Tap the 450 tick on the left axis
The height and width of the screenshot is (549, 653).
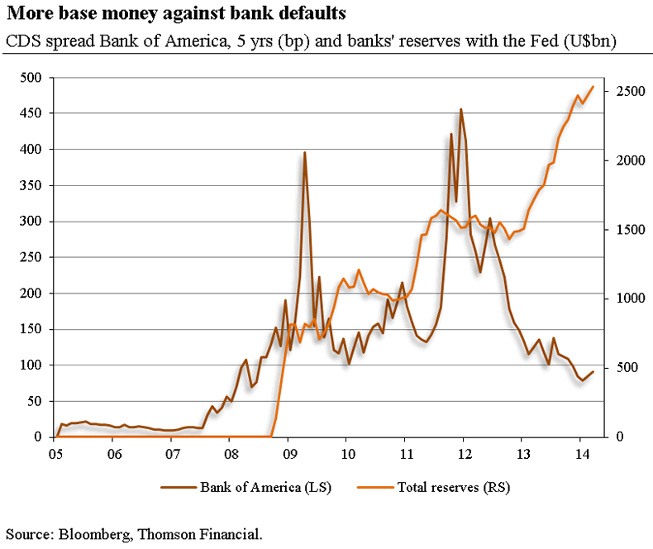coord(31,113)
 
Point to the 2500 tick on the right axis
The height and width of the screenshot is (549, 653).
coord(625,91)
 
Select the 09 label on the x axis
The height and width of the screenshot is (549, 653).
coord(288,454)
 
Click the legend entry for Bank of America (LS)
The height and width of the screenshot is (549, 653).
coord(265,487)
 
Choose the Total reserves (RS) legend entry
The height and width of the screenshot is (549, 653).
coord(451,487)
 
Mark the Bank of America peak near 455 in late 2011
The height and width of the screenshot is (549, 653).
coord(460,109)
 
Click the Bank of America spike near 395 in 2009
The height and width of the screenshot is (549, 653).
coord(305,153)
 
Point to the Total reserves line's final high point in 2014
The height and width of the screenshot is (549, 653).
coord(593,87)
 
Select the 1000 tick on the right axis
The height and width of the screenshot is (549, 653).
coord(625,298)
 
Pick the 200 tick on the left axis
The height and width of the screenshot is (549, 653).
coord(31,294)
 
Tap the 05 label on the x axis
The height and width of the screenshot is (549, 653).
coord(55,454)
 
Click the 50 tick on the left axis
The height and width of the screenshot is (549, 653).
coord(35,401)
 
